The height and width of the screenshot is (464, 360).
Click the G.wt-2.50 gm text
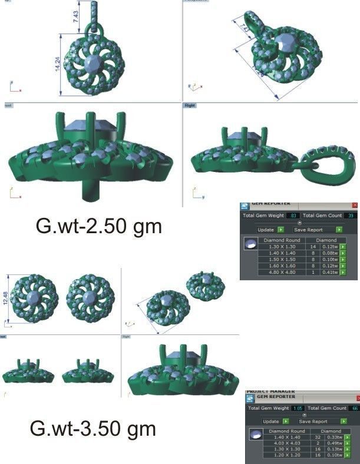click(98, 226)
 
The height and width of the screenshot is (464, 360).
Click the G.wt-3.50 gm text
click(93, 428)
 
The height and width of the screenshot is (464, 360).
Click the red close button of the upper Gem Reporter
click(355, 205)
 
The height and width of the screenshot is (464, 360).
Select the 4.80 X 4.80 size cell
click(284, 273)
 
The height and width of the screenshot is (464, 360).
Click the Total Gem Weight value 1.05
click(298, 408)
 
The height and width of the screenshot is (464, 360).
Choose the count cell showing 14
click(312, 246)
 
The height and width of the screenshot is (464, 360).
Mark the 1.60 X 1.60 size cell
click(284, 266)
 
